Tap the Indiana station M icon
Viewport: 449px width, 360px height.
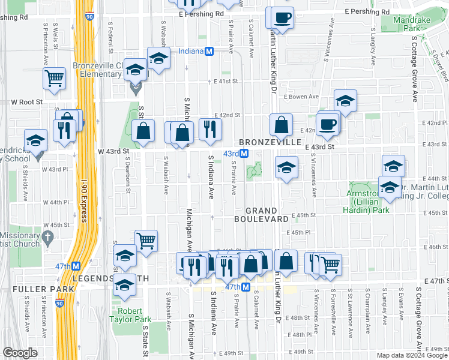pyautogui.click(x=209, y=52)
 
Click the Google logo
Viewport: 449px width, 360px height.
pyautogui.click(x=20, y=352)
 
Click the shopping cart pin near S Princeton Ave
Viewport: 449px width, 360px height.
pyautogui.click(x=54, y=77)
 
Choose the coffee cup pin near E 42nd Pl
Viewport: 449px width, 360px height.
pyautogui.click(x=328, y=124)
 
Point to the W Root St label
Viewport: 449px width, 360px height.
pyautogui.click(x=26, y=102)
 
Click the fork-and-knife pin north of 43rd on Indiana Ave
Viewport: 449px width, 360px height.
pyautogui.click(x=210, y=129)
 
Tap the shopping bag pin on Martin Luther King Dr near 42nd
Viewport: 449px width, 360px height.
pyautogui.click(x=281, y=125)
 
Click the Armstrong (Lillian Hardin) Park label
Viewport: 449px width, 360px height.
pyautogui.click(x=366, y=201)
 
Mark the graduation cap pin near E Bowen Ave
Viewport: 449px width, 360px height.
pyautogui.click(x=345, y=100)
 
